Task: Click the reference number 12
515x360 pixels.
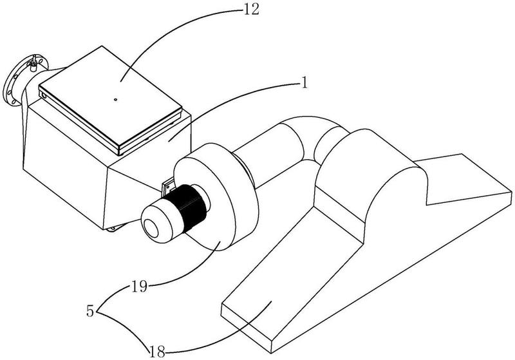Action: point(251,9)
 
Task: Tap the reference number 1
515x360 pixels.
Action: point(304,82)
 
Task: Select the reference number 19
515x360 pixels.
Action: point(140,287)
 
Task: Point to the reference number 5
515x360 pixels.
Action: point(90,310)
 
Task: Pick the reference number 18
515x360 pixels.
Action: point(157,352)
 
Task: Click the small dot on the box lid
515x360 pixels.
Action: point(115,99)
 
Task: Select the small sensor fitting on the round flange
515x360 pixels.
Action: point(34,64)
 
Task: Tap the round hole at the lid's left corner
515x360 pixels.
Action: point(44,95)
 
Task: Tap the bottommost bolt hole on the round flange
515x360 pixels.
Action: point(14,102)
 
